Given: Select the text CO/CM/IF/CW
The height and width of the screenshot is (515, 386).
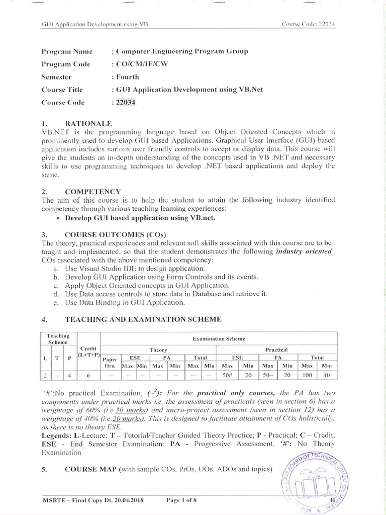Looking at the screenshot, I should [x=135, y=64].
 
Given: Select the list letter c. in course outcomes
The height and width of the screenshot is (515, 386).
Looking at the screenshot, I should [x=55, y=285].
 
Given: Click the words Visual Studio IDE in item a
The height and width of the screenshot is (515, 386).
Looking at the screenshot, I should [x=95, y=268].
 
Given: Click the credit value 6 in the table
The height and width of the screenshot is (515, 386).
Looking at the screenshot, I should [x=89, y=375].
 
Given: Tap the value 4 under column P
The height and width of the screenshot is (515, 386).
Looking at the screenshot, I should [x=70, y=375].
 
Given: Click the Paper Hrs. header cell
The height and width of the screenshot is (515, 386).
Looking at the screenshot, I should [x=109, y=362].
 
